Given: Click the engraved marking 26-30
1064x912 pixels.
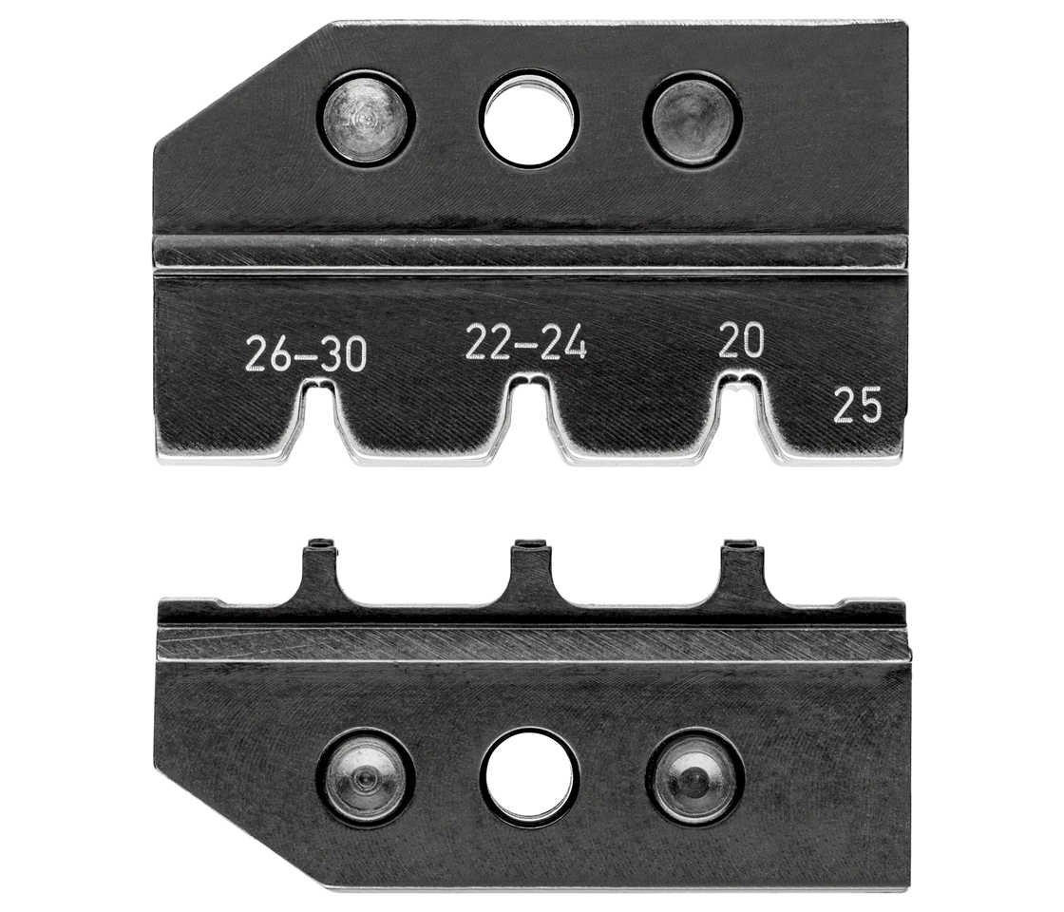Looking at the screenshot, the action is (306, 355).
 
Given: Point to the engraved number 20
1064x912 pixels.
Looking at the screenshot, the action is (742, 340).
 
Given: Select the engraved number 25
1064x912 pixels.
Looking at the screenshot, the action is (858, 405).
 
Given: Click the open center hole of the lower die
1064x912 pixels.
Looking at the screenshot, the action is (529, 777).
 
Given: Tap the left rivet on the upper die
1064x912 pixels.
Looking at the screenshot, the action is (366, 118).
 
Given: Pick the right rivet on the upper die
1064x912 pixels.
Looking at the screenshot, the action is (693, 118).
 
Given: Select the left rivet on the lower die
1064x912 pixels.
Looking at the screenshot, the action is (366, 777).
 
